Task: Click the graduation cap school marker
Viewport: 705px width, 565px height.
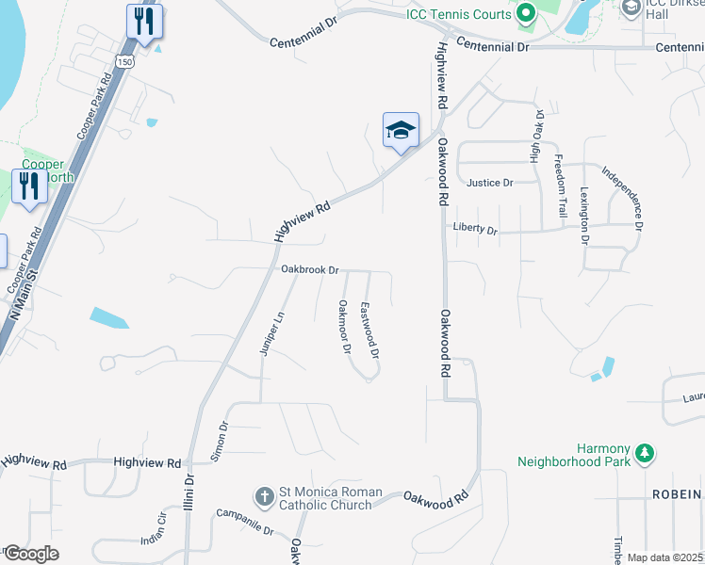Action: point(401,131)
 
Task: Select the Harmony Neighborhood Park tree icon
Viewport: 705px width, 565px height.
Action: point(645,454)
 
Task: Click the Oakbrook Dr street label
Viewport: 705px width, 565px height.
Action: point(309,269)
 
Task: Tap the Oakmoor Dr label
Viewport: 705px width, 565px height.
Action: point(344,328)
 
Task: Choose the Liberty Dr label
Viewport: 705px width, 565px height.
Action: point(475,228)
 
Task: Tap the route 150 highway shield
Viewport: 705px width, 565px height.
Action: point(125,61)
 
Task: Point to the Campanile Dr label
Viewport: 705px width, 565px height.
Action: point(244,522)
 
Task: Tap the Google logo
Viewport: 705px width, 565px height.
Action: point(30,554)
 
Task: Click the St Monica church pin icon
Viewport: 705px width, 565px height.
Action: point(265,494)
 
